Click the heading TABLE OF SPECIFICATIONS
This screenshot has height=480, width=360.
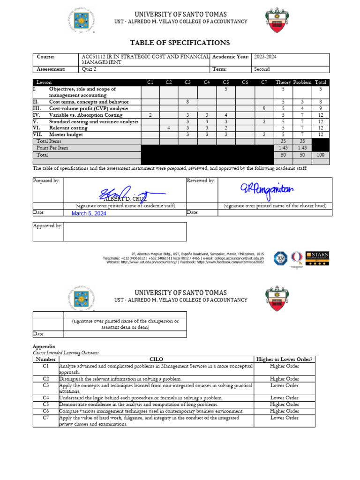(x=180, y=43)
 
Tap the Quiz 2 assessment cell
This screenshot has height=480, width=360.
(x=88, y=69)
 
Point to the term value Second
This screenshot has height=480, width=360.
(x=262, y=69)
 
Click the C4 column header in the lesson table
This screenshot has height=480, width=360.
(x=206, y=82)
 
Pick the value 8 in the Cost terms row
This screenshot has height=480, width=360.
(x=187, y=102)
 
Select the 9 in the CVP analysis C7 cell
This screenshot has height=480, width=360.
(x=264, y=108)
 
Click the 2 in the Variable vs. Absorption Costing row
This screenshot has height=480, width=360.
(x=150, y=115)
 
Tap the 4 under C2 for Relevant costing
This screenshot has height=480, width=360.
(x=169, y=128)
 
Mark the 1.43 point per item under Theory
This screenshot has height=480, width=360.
(x=283, y=148)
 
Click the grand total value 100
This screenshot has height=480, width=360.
(x=321, y=154)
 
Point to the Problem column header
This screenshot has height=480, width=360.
(x=302, y=82)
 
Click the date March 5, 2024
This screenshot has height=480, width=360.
(x=89, y=213)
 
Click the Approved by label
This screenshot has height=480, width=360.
(x=47, y=225)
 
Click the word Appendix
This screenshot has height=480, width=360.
(x=44, y=346)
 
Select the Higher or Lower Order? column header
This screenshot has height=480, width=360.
(x=284, y=359)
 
